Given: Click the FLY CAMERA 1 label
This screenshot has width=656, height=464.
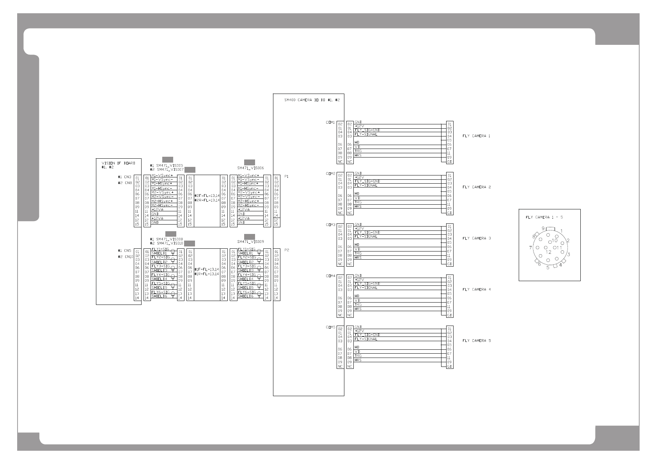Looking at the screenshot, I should click(476, 136).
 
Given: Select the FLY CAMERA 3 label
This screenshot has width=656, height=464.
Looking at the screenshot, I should click(477, 238).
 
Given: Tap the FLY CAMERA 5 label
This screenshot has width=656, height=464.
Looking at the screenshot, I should click(477, 341).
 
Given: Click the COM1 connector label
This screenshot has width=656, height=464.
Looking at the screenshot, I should click(330, 122).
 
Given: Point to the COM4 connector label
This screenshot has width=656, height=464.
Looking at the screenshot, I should click(330, 276).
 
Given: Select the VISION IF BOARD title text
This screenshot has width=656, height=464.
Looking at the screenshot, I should click(118, 163).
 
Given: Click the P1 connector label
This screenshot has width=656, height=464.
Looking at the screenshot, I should click(287, 177).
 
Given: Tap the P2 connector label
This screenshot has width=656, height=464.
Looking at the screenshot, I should click(287, 250).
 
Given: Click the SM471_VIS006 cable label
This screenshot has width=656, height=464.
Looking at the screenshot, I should click(250, 168).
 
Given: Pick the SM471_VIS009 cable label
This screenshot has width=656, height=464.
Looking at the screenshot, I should click(250, 242).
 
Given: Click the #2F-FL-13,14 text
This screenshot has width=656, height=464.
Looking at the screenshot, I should click(207, 195).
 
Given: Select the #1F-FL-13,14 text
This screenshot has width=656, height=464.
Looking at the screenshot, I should click(207, 269).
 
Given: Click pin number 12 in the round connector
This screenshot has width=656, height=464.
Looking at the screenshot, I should click(548, 252).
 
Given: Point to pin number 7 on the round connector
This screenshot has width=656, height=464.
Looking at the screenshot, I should click(531, 248).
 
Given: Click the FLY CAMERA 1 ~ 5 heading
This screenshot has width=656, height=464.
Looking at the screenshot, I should click(544, 217).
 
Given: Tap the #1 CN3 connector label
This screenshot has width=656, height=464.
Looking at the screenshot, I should click(124, 177).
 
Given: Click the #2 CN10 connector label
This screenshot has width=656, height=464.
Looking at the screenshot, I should click(126, 257).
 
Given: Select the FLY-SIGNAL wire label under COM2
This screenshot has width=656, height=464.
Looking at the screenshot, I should click(366, 186).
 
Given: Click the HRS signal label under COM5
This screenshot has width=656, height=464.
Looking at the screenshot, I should click(358, 360).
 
